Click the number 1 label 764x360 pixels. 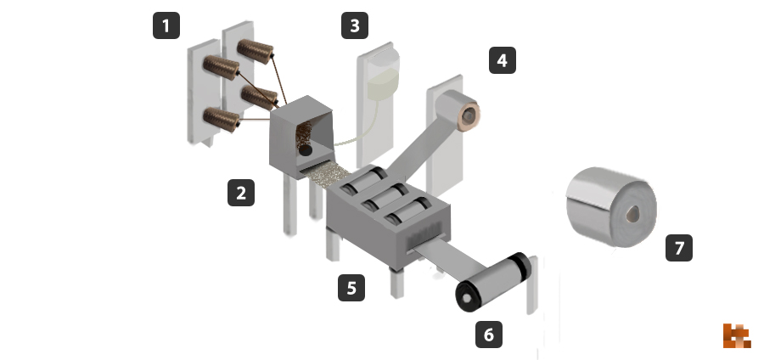tap(166, 25)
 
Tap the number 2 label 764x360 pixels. tap(241, 193)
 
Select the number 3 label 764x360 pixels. tap(355, 25)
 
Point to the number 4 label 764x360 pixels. tap(503, 61)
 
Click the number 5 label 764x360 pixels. tap(351, 288)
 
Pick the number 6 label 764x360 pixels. tap(489, 335)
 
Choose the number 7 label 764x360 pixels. tap(679, 248)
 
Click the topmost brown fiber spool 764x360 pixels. tap(256, 51)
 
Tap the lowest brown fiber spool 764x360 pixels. tap(222, 120)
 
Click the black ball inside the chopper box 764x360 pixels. tap(306, 150)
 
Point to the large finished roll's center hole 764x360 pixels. tap(633, 213)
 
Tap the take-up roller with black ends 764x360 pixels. tap(492, 282)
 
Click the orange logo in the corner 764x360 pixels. tap(737, 335)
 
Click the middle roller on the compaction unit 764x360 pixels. tap(385, 195)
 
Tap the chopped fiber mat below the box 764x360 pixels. tap(325, 175)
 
